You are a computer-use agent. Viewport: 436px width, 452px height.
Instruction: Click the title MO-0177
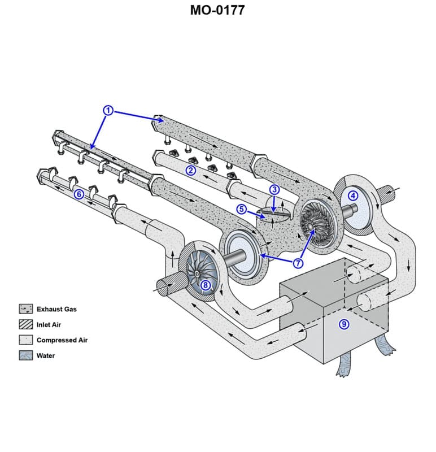point(217,10)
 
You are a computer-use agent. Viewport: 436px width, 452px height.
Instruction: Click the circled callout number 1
point(108,110)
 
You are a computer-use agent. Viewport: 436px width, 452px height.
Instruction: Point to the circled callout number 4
point(353,195)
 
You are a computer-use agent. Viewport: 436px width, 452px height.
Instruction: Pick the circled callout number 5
point(242,209)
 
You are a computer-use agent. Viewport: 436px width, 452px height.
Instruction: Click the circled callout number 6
point(79,194)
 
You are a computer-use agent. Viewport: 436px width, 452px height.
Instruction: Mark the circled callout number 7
point(298,263)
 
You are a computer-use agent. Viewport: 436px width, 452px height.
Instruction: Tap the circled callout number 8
point(206,285)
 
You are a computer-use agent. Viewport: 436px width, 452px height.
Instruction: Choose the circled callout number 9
point(342,324)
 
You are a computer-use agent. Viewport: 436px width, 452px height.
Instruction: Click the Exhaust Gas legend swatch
point(26,309)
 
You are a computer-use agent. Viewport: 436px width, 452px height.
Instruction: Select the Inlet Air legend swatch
point(26,325)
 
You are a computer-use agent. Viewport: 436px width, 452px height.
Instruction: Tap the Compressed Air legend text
point(62,340)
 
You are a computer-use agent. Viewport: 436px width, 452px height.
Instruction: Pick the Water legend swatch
point(26,355)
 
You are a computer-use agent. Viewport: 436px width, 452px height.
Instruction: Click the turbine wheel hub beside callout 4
point(311,224)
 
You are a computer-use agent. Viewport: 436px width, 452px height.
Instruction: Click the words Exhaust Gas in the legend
point(56,309)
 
